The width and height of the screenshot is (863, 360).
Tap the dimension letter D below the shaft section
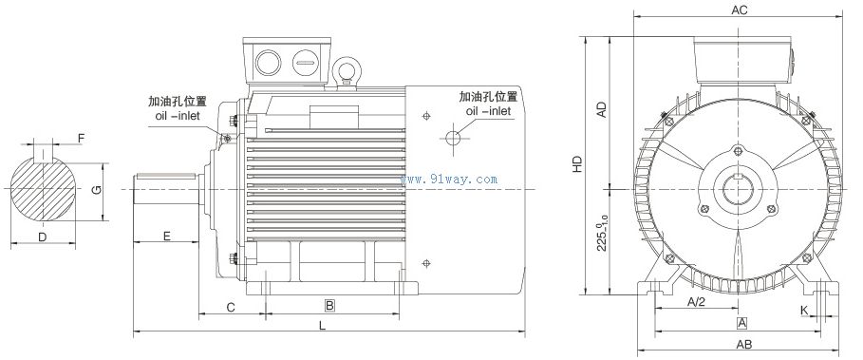point(42,235)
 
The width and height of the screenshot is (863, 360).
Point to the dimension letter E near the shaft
point(166,235)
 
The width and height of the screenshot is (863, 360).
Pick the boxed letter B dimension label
point(329,306)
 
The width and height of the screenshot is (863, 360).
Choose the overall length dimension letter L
point(323,326)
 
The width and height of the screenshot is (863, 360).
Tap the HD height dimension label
point(578,162)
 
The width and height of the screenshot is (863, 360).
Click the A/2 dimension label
point(696,302)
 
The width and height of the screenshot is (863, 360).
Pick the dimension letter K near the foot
point(803,310)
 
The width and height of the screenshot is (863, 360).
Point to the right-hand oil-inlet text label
point(488,104)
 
